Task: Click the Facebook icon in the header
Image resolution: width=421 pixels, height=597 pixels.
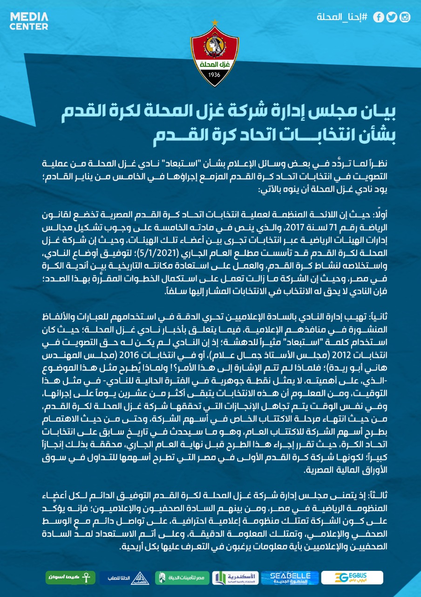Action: [379, 18]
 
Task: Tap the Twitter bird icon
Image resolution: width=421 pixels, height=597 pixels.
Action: [392, 18]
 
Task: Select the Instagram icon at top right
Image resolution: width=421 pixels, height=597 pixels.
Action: [405, 18]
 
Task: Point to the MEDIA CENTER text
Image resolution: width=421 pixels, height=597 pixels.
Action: [29, 21]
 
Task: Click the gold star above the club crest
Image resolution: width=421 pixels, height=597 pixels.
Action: [215, 22]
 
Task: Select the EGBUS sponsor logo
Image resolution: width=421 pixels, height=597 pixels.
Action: [352, 577]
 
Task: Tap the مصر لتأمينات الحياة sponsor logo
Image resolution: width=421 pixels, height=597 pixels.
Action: [179, 577]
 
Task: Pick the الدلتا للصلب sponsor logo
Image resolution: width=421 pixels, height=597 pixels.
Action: [125, 577]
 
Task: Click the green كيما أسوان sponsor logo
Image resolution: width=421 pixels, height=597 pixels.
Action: [70, 577]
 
